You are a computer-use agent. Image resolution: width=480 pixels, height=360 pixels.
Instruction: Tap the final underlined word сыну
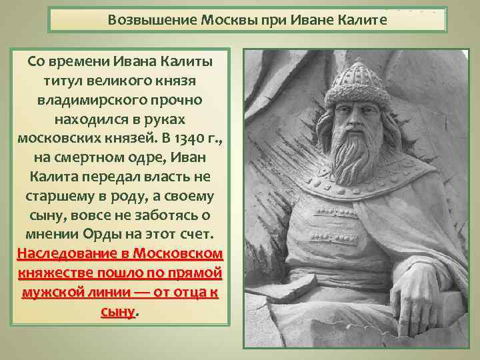point(117,312)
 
